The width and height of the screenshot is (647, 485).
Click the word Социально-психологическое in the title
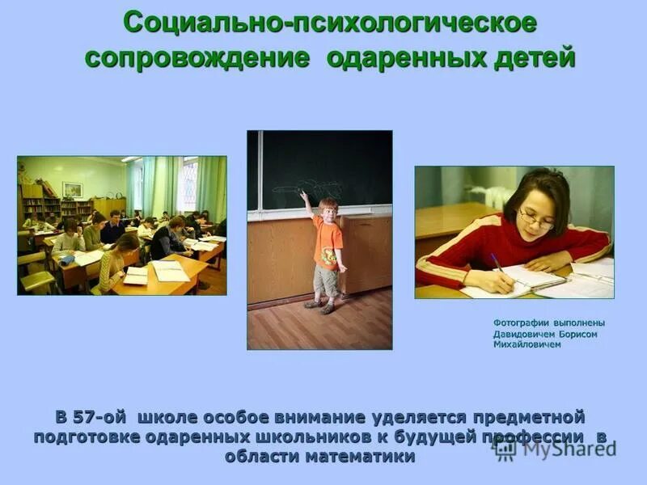[329, 23]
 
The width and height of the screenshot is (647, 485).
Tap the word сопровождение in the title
[197, 58]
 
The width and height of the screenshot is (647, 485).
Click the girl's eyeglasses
[536, 217]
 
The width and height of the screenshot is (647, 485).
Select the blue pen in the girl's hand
[496, 261]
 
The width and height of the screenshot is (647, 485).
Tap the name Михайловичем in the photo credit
[526, 344]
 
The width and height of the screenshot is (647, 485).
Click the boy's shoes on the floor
[319, 306]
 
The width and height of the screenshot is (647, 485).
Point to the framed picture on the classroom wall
[72, 190]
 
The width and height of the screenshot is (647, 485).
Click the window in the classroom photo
[188, 184]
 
